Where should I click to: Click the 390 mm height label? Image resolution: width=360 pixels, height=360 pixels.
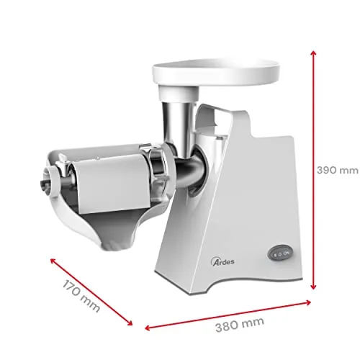click(x=337, y=170)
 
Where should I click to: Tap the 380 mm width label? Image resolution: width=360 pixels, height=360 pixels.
click(x=240, y=324)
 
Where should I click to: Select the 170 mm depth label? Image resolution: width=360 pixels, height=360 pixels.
click(x=81, y=297)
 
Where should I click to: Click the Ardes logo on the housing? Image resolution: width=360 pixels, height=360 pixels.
click(x=222, y=261)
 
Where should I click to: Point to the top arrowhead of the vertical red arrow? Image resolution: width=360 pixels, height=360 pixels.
click(x=313, y=53)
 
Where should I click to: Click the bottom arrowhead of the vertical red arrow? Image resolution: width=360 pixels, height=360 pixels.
click(x=313, y=287)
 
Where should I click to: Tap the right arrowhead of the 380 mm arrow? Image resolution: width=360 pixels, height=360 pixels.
click(x=307, y=302)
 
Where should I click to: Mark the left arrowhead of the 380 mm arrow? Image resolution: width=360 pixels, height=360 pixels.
click(x=148, y=328)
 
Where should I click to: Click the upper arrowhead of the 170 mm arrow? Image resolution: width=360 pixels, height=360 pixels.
click(x=53, y=261)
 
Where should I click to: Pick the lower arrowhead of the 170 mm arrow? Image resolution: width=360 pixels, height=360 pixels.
click(x=130, y=323)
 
